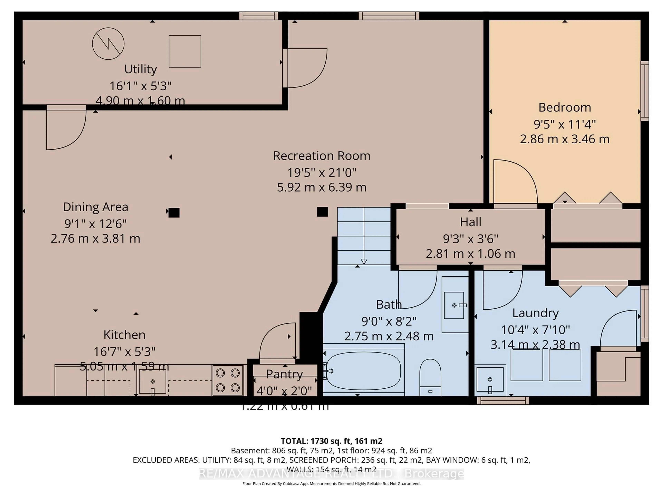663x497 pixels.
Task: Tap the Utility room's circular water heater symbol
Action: pyautogui.click(x=108, y=44)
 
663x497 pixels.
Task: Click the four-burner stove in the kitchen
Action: pyautogui.click(x=228, y=380)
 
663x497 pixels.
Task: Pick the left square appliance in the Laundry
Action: pyautogui.click(x=527, y=365)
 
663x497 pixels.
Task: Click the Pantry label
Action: pyautogui.click(x=284, y=374)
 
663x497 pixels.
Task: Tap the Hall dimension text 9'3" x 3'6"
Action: pyautogui.click(x=470, y=239)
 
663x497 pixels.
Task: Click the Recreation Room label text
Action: pyautogui.click(x=322, y=156)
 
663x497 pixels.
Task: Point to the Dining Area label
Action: pyautogui.click(x=95, y=207)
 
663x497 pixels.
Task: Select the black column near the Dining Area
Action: pyautogui.click(x=174, y=213)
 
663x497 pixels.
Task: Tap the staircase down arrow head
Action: pyautogui.click(x=364, y=262)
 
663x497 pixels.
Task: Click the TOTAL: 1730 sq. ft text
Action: pyautogui.click(x=331, y=441)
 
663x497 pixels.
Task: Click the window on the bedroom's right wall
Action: pyautogui.click(x=644, y=91)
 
